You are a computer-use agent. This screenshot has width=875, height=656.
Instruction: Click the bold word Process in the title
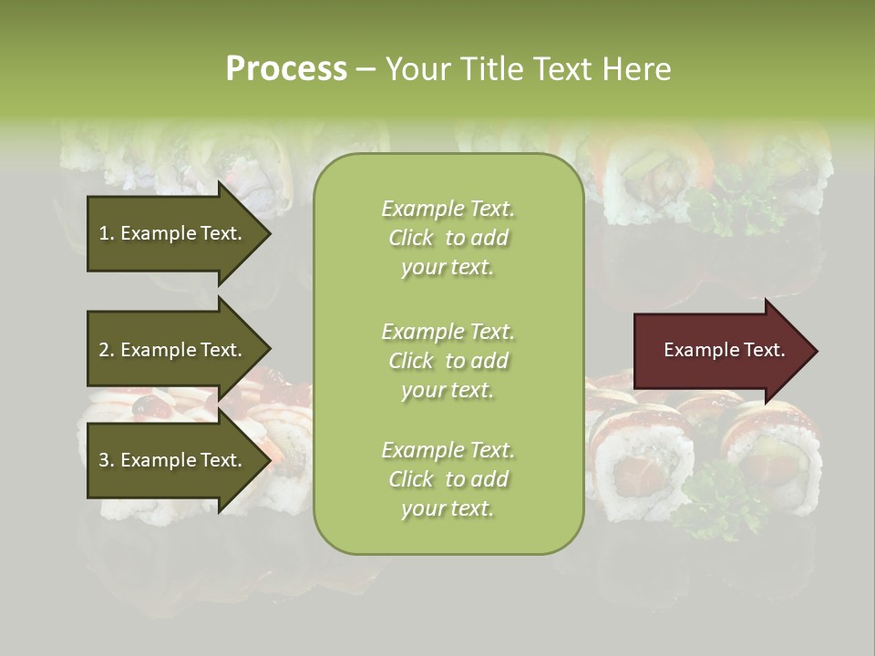(x=286, y=69)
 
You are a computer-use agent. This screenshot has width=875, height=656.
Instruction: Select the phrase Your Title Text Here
(x=528, y=69)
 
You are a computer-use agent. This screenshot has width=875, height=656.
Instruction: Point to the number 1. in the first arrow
(x=107, y=233)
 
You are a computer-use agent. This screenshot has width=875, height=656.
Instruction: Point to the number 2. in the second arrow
(x=107, y=350)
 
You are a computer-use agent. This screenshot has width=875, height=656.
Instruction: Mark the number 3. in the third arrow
(x=107, y=460)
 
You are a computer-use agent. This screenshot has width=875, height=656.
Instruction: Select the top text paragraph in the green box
(x=448, y=238)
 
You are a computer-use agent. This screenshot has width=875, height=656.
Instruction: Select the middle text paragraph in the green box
(x=448, y=361)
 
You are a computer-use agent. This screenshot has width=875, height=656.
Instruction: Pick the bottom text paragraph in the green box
(x=448, y=479)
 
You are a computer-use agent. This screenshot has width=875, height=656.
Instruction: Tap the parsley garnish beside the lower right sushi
(x=715, y=501)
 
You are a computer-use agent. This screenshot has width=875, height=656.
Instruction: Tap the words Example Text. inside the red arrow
(x=724, y=350)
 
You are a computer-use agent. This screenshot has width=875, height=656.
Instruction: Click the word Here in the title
(x=637, y=69)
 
